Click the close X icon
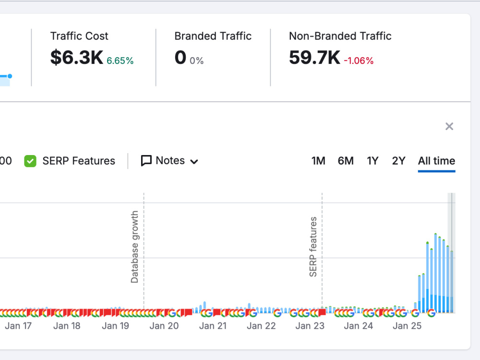(449, 126)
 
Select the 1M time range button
(318, 161)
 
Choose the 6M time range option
(346, 161)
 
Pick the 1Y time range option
(372, 161)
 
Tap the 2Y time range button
(398, 161)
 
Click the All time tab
(436, 161)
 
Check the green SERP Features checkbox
(30, 161)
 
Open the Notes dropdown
(169, 161)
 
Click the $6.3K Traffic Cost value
(76, 57)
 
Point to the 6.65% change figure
(120, 60)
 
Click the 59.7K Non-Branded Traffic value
(314, 57)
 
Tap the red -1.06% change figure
(359, 60)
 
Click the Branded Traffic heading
(213, 36)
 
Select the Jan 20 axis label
(164, 326)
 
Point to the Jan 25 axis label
(407, 326)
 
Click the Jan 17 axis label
(18, 326)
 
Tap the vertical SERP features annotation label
(313, 247)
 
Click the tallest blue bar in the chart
(435, 273)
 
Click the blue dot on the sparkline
(10, 76)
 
